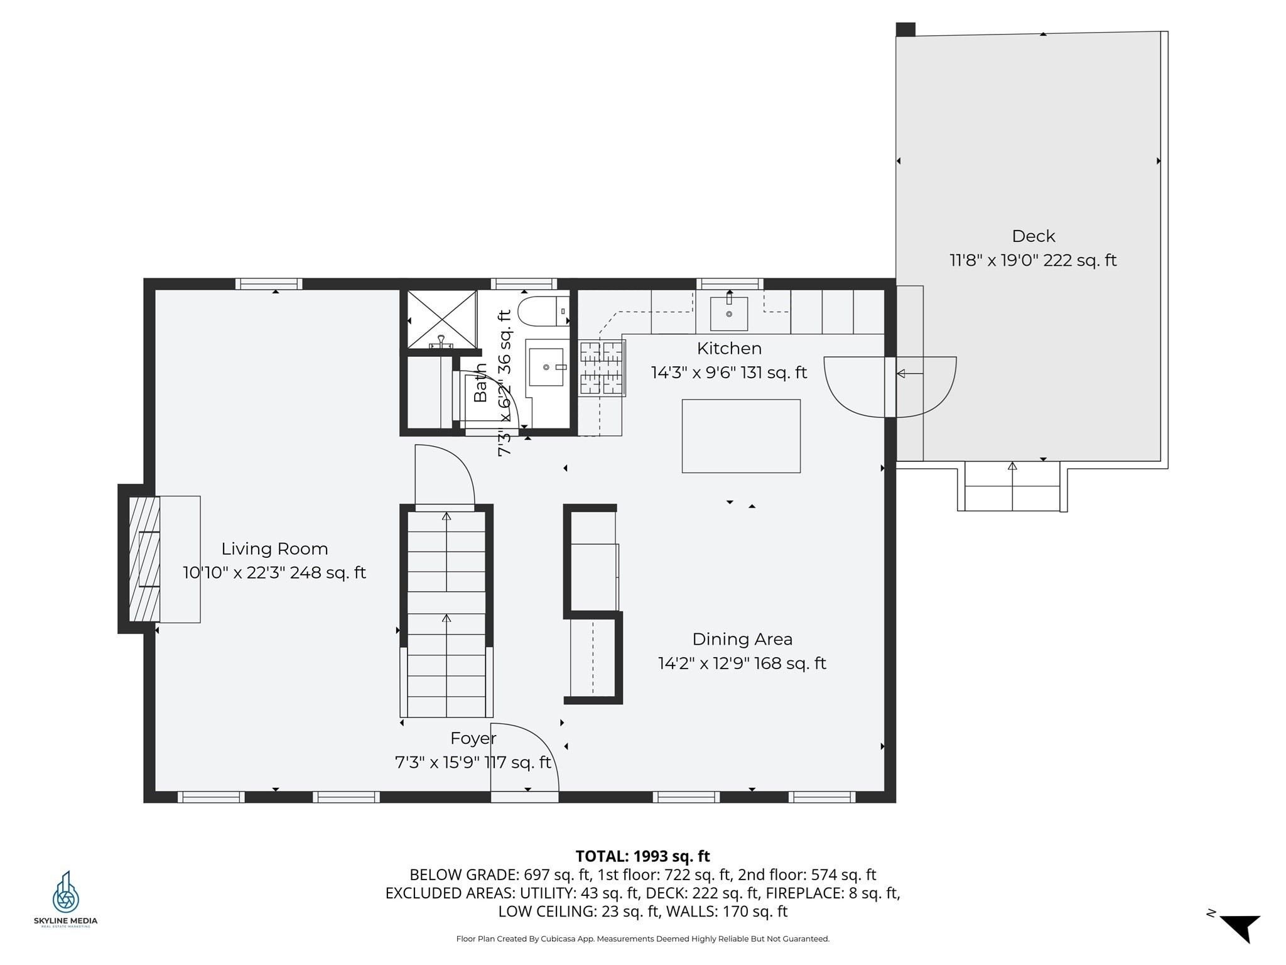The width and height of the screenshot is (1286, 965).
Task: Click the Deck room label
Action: coord(1033,236)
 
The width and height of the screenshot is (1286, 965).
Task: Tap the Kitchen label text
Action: coord(729,348)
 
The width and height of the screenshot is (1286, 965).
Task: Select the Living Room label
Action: coord(274,549)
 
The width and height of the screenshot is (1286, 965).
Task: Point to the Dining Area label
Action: coord(742,640)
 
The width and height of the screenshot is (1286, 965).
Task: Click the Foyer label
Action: coord(473,738)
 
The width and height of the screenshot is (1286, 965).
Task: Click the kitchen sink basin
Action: coord(729,313)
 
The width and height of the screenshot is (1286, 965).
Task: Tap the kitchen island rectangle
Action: coord(741,436)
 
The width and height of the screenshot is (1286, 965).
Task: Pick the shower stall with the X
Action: coord(442,319)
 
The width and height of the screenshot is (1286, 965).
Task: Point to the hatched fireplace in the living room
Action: coord(144,559)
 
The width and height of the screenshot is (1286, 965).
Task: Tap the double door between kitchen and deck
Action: coord(890,387)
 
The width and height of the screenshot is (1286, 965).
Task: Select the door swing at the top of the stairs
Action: coord(445,475)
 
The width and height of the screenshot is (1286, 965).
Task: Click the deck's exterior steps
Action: coord(1012,486)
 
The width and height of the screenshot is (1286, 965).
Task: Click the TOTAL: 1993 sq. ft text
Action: coord(642,856)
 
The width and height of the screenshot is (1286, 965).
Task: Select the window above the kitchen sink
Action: coord(730,284)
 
